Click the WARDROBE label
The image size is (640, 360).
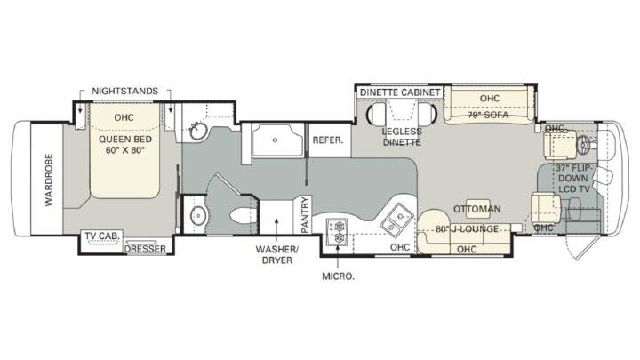(x=49, y=180)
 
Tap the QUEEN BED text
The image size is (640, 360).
(x=125, y=140)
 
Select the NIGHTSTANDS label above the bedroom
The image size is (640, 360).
(x=125, y=91)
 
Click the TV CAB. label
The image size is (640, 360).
(x=102, y=236)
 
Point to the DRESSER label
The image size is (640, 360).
(x=145, y=249)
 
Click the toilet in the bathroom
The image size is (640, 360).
(x=244, y=215)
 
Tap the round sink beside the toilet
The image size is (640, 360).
(x=198, y=214)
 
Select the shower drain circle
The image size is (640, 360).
(x=275, y=140)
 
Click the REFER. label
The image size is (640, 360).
(x=328, y=140)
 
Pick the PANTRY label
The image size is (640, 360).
(x=305, y=215)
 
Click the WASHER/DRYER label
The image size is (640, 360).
(x=276, y=255)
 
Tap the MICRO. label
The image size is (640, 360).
(x=339, y=276)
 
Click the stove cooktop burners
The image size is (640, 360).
(x=338, y=231)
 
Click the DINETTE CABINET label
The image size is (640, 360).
(x=400, y=92)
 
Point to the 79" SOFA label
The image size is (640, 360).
(x=488, y=115)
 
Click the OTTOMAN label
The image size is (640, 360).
(x=477, y=209)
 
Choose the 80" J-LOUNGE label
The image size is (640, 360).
(x=467, y=229)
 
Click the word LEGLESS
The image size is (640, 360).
(x=402, y=132)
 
